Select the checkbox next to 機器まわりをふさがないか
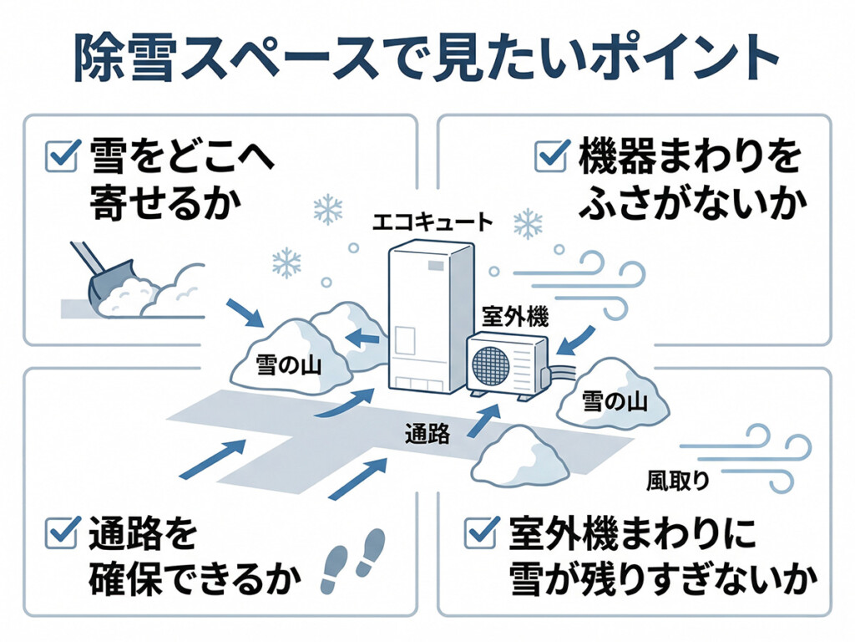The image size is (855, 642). [550, 155]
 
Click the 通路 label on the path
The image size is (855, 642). [427, 433]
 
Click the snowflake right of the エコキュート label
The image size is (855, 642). [528, 223]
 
